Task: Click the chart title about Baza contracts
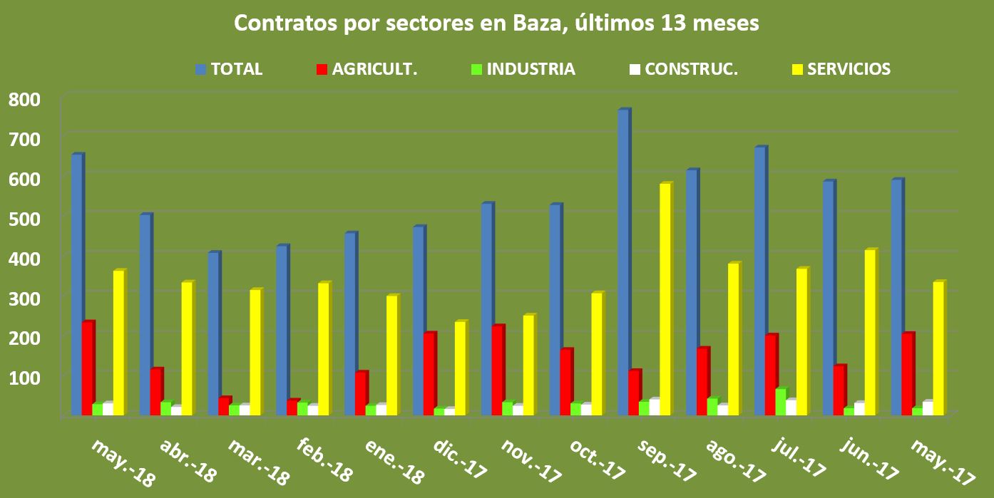tap(497, 24)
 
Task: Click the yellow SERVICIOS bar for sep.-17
tap(665, 299)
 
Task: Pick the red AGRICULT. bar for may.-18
tap(88, 368)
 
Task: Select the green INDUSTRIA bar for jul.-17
tap(781, 402)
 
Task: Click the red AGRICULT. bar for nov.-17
tap(498, 370)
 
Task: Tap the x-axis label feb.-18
tap(324, 460)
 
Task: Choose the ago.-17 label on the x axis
tap(734, 460)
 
